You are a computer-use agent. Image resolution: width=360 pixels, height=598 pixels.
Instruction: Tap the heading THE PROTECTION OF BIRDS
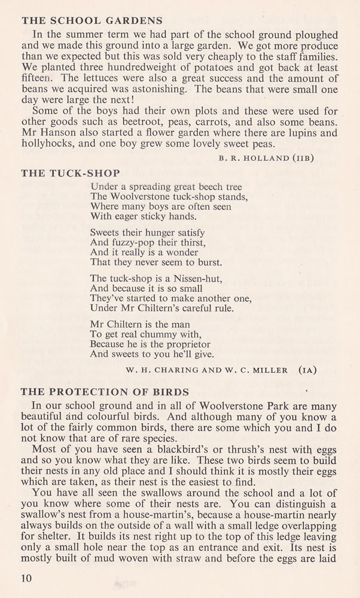[105, 392]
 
